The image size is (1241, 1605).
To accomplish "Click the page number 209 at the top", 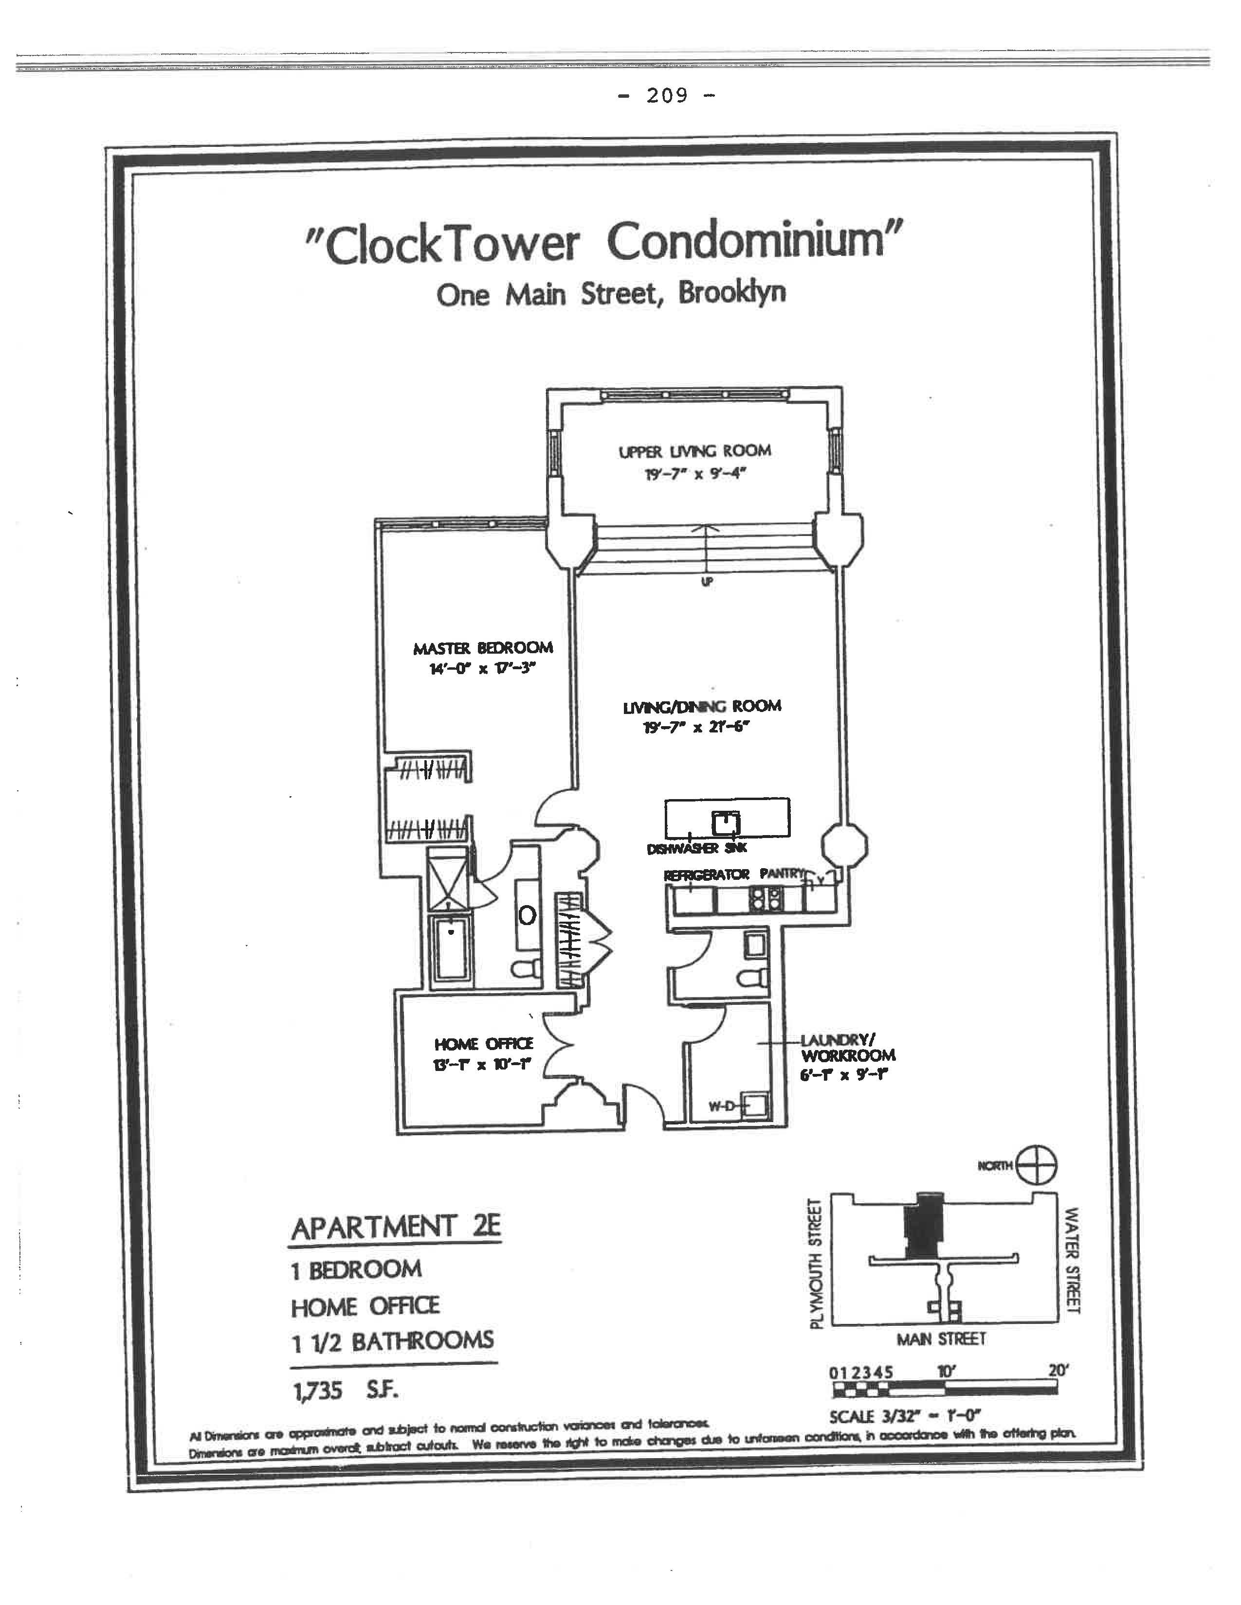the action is click(667, 95).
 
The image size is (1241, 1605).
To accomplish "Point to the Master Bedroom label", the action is click(483, 648).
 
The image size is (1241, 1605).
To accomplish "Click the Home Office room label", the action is click(484, 1044).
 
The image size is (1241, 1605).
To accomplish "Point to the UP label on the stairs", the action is click(707, 581).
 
